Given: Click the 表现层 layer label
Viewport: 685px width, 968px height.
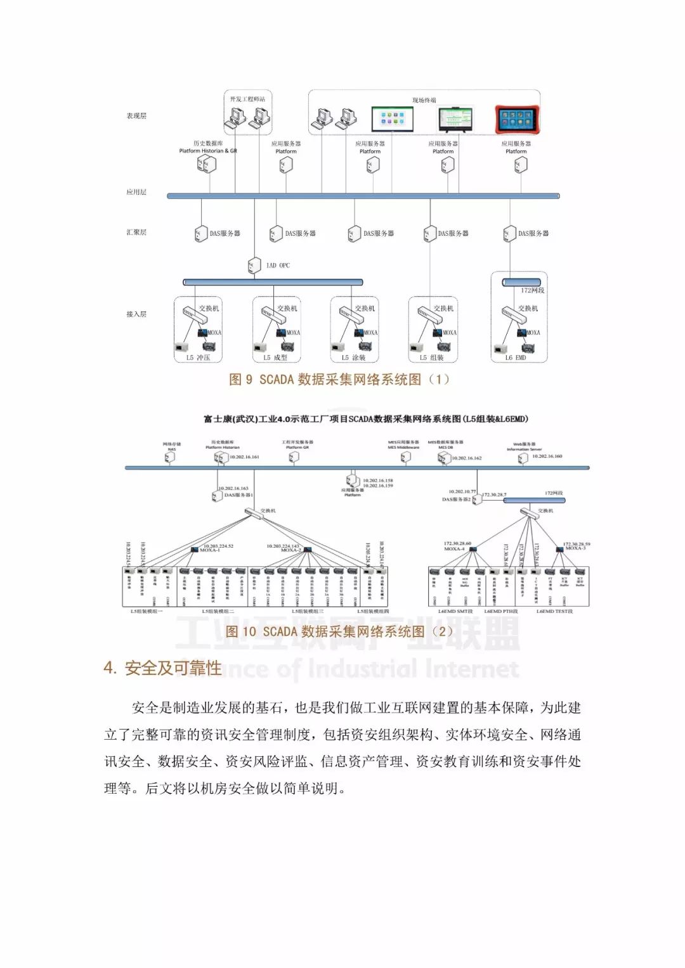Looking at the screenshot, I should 136,116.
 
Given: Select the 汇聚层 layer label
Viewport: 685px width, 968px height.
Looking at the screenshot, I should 136,233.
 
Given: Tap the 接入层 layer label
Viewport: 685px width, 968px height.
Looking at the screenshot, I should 136,314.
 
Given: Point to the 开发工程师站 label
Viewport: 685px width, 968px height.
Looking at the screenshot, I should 247,100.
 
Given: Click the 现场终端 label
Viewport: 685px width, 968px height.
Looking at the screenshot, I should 424,100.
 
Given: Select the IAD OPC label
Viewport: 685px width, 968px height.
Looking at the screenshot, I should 278,266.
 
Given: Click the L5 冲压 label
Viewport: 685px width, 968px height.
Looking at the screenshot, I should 198,358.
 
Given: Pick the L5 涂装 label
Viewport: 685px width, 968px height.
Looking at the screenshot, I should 354,358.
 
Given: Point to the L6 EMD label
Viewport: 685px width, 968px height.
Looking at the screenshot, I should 515,358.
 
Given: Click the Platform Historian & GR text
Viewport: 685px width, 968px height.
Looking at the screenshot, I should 208,151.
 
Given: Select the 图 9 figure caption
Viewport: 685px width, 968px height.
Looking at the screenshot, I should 339,380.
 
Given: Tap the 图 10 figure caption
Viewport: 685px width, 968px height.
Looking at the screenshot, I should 339,631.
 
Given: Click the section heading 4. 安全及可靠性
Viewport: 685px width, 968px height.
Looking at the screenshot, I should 162,668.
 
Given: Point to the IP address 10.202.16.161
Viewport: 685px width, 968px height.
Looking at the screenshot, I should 244,457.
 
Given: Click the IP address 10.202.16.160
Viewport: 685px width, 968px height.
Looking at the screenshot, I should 547,456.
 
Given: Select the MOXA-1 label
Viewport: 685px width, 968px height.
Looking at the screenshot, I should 209,550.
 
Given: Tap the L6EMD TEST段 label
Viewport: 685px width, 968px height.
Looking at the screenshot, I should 554,612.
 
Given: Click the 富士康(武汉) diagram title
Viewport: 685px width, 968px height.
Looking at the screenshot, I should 365,419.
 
